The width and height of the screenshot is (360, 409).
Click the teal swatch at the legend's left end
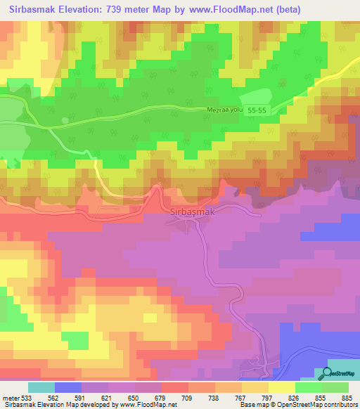pyautogui.click(x=41, y=388)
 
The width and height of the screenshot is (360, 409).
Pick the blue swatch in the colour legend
pyautogui.click(x=68, y=388)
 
